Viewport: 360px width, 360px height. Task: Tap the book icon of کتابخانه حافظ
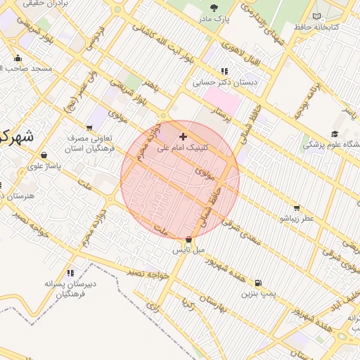pyautogui.click(x=317, y=15)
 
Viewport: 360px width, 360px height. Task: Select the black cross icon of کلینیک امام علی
pyautogui.click(x=184, y=136)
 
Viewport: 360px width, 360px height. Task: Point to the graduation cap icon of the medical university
pyautogui.click(x=335, y=134)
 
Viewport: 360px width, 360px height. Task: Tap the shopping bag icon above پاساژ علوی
pyautogui.click(x=45, y=155)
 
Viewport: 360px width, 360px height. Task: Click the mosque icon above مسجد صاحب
pyautogui.click(x=18, y=58)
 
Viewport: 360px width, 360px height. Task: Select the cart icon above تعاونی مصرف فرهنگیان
pyautogui.click(x=89, y=127)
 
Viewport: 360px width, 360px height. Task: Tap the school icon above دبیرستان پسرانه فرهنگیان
pyautogui.click(x=70, y=272)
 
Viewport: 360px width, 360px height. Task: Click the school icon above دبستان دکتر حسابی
pyautogui.click(x=224, y=71)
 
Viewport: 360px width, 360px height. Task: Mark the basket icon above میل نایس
pyautogui.click(x=188, y=240)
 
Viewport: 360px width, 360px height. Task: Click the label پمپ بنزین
pyautogui.click(x=256, y=288)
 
